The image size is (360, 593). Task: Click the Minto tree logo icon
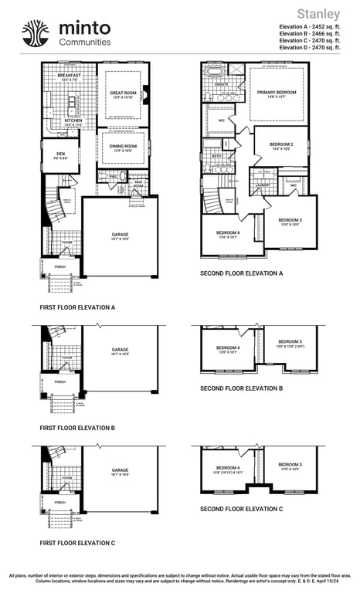click(35, 33)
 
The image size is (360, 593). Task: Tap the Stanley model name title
click(318, 14)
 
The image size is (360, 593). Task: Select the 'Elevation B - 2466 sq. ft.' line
click(309, 33)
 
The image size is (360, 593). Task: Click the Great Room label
click(123, 93)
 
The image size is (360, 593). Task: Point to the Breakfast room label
click(69, 76)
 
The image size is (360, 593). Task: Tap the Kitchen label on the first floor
click(73, 121)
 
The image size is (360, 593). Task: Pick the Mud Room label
click(138, 184)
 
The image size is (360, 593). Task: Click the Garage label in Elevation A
click(120, 234)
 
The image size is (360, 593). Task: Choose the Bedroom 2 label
click(281, 144)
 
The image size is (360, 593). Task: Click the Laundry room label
click(263, 185)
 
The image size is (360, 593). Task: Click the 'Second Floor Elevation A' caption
click(241, 273)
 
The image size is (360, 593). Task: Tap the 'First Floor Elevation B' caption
click(77, 427)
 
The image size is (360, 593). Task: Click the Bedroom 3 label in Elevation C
click(290, 465)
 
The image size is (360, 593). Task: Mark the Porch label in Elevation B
click(59, 381)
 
